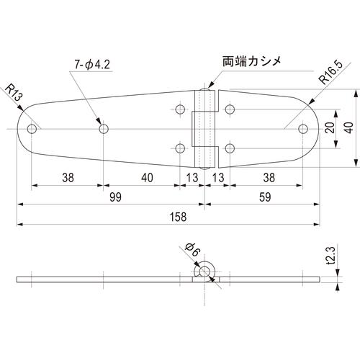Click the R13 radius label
pos(14,93)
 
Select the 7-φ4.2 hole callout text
pos(92,65)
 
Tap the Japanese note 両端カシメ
pos(251,61)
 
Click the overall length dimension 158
pos(178,217)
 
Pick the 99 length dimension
pos(115,197)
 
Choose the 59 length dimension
pos(265,197)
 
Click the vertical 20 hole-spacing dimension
pos(330,127)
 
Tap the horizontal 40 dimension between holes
pos(147,178)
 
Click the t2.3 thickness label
pos(331,256)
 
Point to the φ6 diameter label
pos(193,250)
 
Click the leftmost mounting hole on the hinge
pos(32,129)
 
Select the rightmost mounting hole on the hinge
pos(303,129)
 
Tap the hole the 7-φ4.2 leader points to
pos(104,129)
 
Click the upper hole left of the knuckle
pos(180,109)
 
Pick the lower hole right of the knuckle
pos(230,148)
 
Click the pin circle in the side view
pos(204,271)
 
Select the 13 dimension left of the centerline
pos(192,178)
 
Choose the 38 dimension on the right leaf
pos(269,178)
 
